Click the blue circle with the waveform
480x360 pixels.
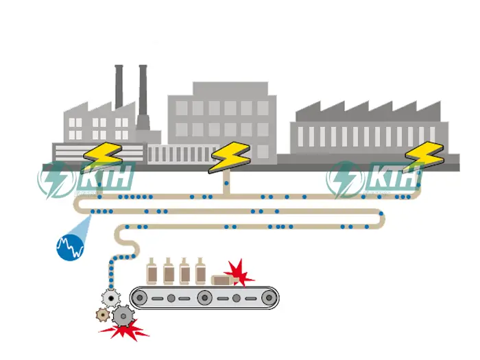(x=69, y=245)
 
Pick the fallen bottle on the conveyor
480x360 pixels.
(x=222, y=280)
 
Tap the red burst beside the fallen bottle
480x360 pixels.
(x=239, y=272)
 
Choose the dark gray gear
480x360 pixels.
(x=123, y=315)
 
